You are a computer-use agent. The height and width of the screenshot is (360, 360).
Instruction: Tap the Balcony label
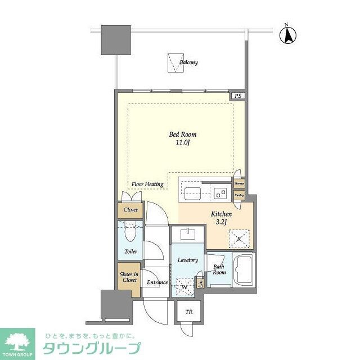click(x=188, y=63)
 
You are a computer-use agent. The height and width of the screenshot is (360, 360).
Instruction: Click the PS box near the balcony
click(x=238, y=96)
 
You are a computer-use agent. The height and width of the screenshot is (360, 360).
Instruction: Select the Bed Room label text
click(x=183, y=134)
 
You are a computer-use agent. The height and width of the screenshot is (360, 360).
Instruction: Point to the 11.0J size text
click(x=183, y=143)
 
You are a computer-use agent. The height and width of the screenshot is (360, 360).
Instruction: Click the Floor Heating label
click(x=147, y=184)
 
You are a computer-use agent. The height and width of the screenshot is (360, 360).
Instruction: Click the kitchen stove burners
click(x=220, y=194)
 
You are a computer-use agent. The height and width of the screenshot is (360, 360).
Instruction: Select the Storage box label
click(x=240, y=183)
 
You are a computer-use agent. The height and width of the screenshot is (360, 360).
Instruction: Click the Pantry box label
click(x=240, y=195)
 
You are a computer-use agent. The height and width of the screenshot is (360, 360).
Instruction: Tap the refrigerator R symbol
click(x=239, y=238)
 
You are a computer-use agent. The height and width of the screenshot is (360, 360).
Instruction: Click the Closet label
click(x=130, y=210)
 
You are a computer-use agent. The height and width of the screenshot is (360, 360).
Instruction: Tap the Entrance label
click(x=157, y=282)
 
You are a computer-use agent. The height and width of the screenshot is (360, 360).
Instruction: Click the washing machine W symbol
click(x=184, y=287)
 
